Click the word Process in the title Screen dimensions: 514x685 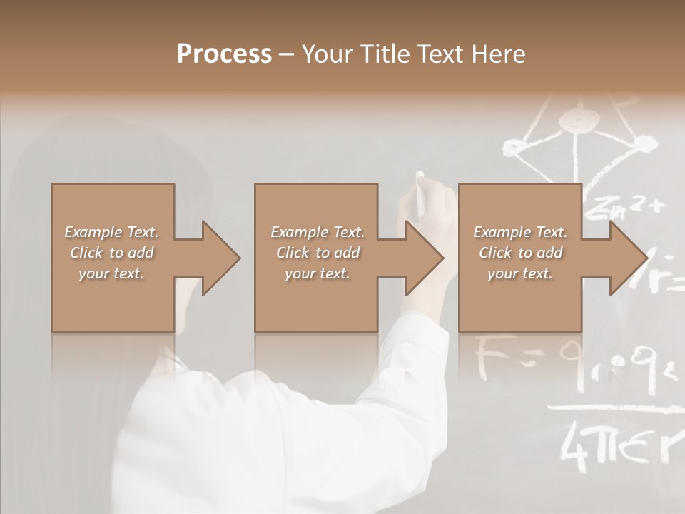(224, 54)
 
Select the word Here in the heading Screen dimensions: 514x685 (497, 54)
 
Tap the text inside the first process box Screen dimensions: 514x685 (111, 253)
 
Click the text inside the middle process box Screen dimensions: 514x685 (318, 253)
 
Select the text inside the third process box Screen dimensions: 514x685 (520, 253)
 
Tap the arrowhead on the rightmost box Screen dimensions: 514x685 (627, 258)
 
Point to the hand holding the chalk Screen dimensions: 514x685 (428, 214)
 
